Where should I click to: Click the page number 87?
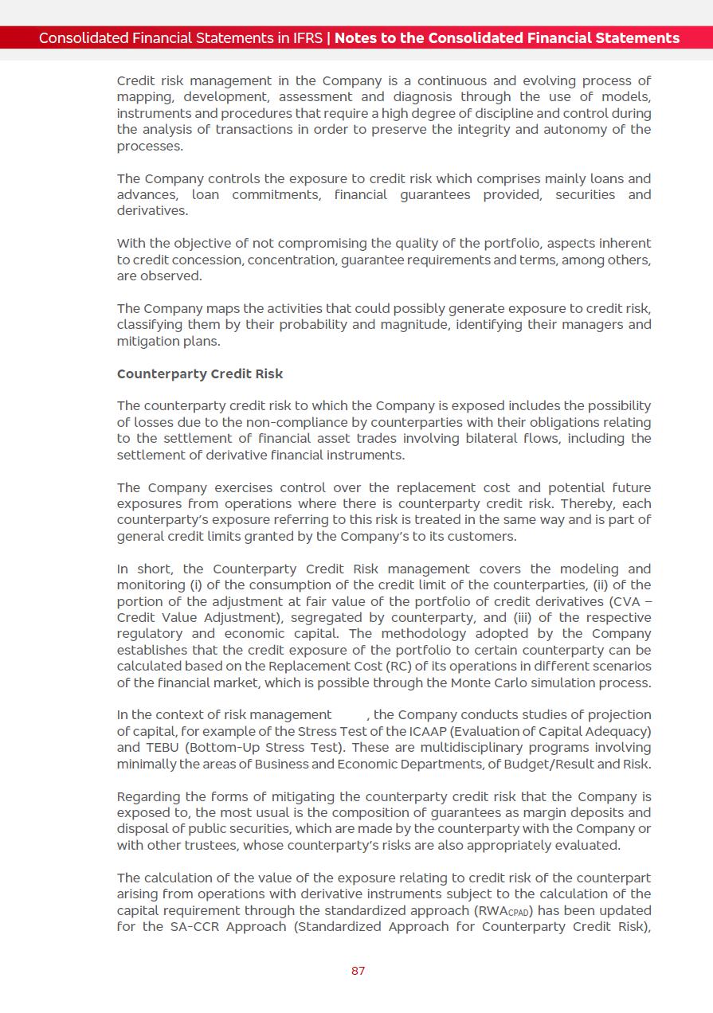[358, 971]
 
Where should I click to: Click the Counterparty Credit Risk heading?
[199, 374]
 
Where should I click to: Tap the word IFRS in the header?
[305, 38]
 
